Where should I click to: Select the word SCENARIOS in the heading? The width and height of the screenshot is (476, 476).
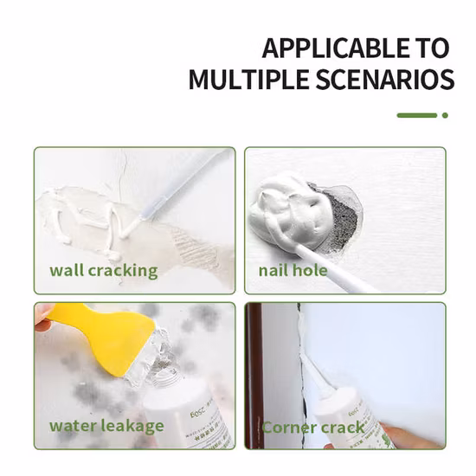pos(387,80)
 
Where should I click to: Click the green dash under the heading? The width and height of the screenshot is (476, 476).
pos(417,114)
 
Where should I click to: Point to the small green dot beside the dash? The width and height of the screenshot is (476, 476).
pos(445,114)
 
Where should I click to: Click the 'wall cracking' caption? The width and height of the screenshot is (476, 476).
pos(103,270)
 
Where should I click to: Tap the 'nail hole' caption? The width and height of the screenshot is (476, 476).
pos(293,270)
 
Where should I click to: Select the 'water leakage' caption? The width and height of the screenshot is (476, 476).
pos(106,425)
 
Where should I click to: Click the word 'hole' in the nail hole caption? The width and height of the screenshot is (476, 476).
pos(311,270)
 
